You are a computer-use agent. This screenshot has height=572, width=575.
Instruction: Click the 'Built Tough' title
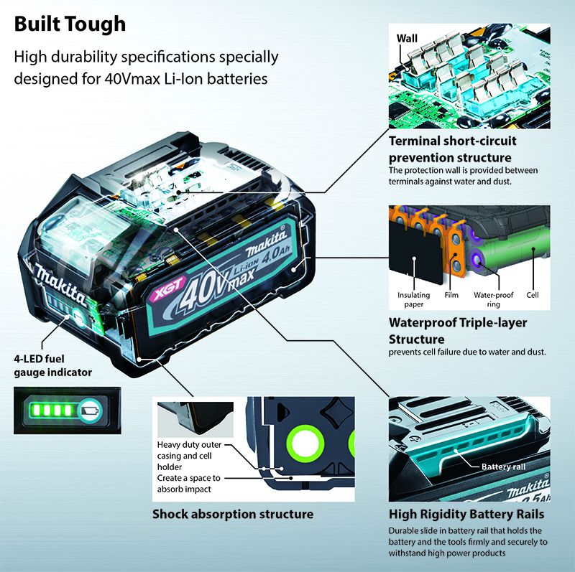pyautogui.click(x=70, y=24)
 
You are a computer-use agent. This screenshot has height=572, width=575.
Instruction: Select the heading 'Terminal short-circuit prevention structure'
pyautogui.click(x=450, y=149)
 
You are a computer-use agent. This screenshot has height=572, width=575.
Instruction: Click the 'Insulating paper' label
pyautogui.click(x=413, y=299)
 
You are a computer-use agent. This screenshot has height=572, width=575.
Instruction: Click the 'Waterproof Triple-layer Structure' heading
pyautogui.click(x=457, y=330)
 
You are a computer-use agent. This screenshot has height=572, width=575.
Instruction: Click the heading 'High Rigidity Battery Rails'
pyautogui.click(x=466, y=514)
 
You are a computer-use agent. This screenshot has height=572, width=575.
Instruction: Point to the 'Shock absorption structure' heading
pyautogui.click(x=232, y=514)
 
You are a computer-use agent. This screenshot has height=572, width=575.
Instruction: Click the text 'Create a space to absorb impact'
pyautogui.click(x=189, y=484)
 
